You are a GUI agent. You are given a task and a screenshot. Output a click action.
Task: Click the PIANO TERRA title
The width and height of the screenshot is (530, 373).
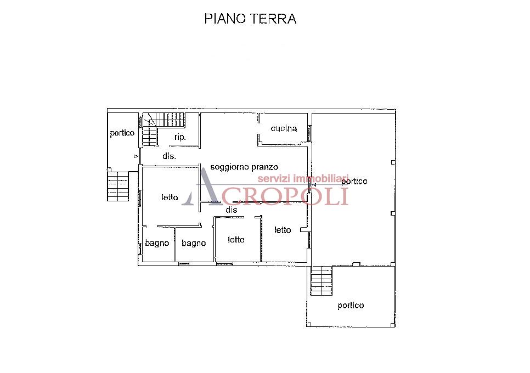click(x=250, y=19)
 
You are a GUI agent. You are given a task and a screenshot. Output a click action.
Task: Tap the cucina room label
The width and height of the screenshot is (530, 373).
click(x=284, y=128)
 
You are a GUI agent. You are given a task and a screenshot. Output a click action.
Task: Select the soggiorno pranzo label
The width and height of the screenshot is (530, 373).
click(x=244, y=167)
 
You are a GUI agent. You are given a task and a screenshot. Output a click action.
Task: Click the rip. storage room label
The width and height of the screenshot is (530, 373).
click(x=180, y=137)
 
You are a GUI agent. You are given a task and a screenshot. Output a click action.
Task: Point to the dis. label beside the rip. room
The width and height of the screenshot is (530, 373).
click(x=169, y=156)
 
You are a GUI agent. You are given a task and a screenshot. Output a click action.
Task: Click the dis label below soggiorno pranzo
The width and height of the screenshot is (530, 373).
click(x=231, y=210)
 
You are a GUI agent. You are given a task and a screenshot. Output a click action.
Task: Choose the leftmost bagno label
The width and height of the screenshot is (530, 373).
click(x=157, y=243)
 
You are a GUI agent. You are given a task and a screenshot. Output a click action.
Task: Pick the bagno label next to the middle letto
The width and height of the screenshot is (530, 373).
click(x=194, y=243)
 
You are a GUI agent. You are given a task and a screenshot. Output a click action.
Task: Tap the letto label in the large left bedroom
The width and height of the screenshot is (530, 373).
click(x=170, y=197)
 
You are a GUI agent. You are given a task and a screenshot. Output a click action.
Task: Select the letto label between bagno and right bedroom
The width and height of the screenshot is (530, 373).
click(x=236, y=240)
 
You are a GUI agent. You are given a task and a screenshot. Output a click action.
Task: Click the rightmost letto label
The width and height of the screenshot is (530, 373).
click(x=283, y=230)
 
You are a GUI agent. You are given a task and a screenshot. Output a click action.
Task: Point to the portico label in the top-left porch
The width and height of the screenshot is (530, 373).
click(x=122, y=133)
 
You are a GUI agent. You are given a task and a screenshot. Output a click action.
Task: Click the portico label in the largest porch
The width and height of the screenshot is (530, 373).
click(x=354, y=181)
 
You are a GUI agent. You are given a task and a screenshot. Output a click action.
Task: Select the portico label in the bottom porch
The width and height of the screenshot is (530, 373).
click(x=351, y=306)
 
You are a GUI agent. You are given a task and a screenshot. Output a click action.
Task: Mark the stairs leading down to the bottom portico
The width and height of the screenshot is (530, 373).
click(x=322, y=280)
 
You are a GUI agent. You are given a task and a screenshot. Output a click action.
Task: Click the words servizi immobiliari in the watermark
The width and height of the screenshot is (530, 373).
click(x=303, y=179)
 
